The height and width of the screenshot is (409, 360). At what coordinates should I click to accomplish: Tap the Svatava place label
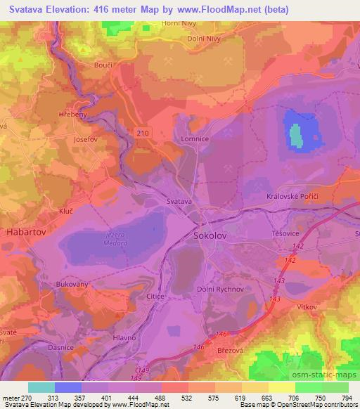click(180, 202)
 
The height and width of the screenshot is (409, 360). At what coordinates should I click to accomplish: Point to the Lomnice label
click(195, 139)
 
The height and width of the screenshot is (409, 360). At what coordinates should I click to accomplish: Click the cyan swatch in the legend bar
click(41, 387)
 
